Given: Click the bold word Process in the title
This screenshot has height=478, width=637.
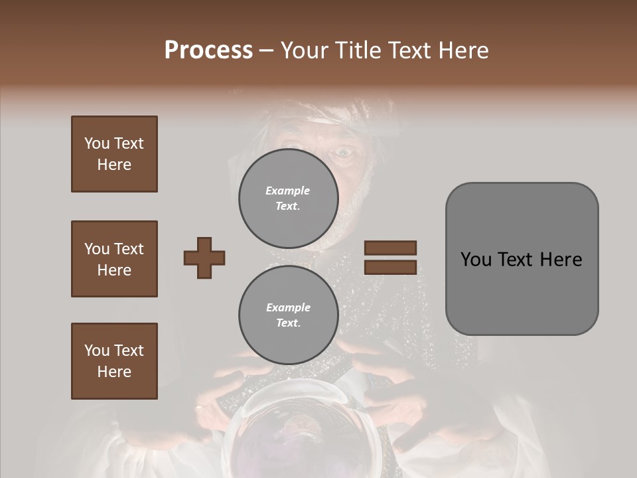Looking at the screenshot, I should [208, 50].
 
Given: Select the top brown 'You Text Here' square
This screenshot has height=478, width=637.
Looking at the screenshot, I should [114, 154].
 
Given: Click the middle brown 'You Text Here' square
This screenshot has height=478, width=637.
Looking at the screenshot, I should [114, 259].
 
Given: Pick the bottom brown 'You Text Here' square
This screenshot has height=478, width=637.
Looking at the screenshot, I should [114, 361].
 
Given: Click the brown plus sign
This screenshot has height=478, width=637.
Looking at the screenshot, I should [204, 258].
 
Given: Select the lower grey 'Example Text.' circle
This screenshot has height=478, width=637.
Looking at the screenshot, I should [288, 315].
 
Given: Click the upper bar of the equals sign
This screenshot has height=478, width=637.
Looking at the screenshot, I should [390, 248].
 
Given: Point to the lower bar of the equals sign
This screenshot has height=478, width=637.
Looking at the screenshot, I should [390, 267].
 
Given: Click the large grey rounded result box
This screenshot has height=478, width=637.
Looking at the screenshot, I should [522, 259].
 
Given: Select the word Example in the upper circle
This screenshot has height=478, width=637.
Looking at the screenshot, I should [288, 191].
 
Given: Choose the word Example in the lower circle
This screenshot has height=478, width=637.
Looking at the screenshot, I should [288, 307].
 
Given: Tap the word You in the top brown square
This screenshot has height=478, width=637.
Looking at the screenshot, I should [97, 143].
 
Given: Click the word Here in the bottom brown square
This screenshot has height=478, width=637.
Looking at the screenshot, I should [114, 372].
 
